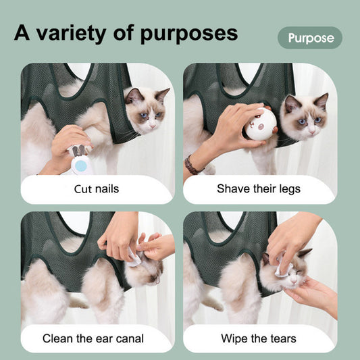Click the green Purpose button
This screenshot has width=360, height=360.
[310, 38]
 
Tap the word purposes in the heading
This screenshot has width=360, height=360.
[189, 34]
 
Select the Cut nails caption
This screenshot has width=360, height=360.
[97, 188]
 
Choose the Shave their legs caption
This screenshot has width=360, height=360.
[259, 188]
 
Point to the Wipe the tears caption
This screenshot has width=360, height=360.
[259, 338]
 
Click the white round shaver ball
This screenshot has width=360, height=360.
[260, 124]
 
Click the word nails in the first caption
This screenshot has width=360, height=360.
[107, 188]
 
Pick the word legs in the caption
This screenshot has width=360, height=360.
[288, 188]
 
